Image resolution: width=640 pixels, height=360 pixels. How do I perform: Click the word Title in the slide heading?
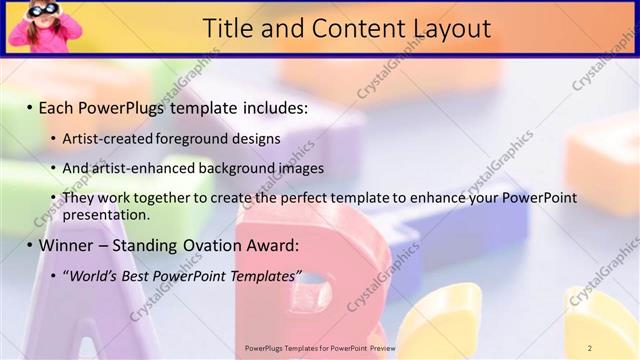(228, 29)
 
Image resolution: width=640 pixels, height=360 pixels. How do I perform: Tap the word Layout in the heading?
(444, 29)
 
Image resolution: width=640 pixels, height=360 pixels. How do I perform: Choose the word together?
(166, 198)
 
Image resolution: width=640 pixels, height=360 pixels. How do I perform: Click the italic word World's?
(89, 275)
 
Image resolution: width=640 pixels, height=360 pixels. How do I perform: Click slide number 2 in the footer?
(590, 348)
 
